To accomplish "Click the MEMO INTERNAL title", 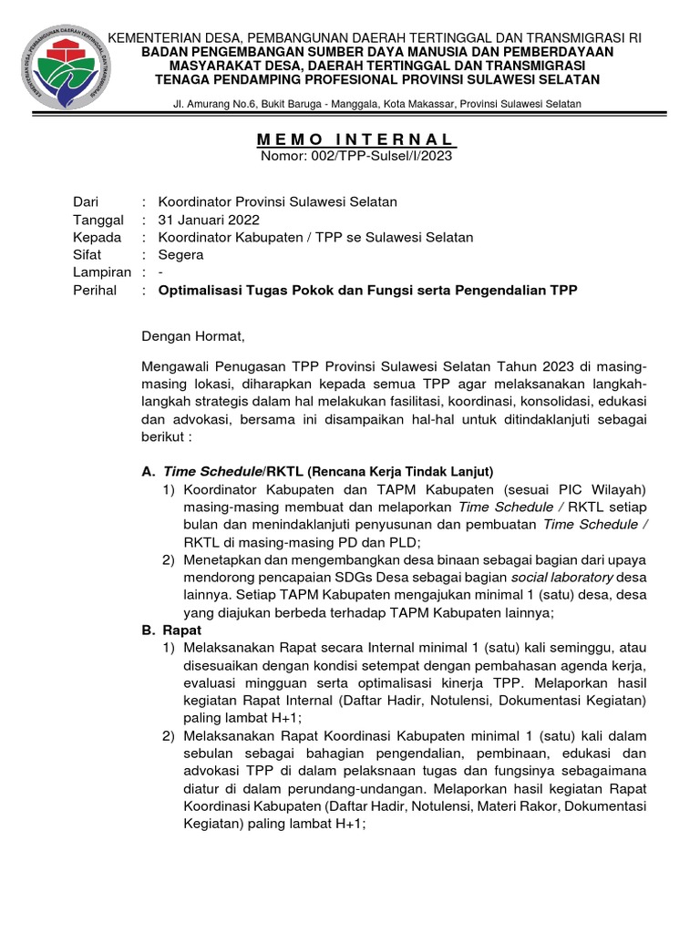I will click(x=355, y=139).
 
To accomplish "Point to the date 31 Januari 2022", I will click(x=209, y=220).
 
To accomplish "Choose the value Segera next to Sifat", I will click(x=181, y=255).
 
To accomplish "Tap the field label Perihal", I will click(x=95, y=291).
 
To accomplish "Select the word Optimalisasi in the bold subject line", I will click(x=200, y=291).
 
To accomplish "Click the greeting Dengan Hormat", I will click(x=194, y=336).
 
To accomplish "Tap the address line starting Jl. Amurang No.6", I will click(x=382, y=104).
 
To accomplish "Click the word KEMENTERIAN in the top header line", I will click(x=154, y=37).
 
